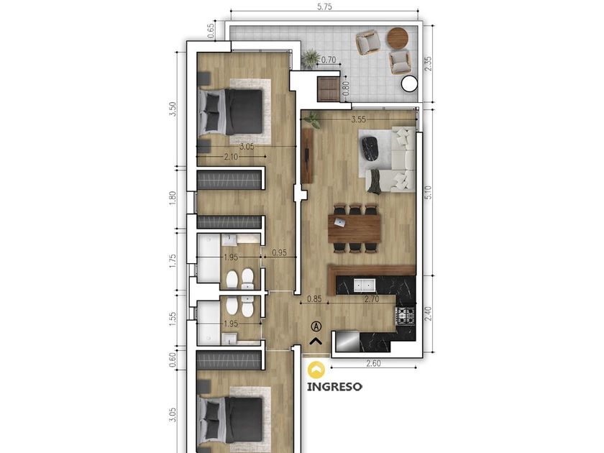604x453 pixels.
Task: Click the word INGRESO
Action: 334,386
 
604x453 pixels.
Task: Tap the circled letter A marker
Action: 316,326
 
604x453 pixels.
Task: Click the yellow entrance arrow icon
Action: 316,370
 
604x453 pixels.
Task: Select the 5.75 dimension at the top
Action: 324,6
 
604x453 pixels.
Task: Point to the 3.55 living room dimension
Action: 358,119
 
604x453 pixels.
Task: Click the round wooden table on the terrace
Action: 398,37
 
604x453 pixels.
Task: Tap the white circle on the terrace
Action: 408,83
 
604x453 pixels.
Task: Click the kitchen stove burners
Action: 406,316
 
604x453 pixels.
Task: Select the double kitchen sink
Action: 365,285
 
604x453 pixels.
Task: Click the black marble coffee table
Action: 370,148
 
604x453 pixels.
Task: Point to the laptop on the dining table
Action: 339,222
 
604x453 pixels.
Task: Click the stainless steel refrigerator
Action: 347,342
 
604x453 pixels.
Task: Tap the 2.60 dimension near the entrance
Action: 373,363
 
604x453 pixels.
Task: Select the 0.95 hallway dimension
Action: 279,252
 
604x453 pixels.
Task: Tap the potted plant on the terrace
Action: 311,58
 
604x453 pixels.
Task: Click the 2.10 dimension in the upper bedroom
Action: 231,157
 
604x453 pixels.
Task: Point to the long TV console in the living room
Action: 307,155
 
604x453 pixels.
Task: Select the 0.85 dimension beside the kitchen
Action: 315,298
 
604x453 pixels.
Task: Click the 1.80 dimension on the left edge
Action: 172,198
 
